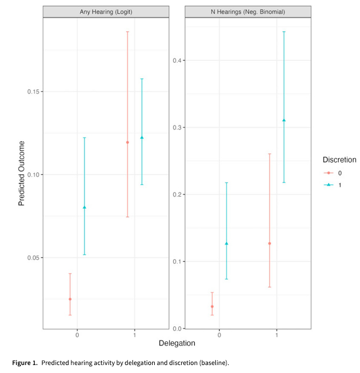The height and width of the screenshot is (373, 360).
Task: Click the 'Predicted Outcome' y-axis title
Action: [x=22, y=173]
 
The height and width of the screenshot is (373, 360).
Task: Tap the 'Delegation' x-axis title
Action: [x=177, y=343]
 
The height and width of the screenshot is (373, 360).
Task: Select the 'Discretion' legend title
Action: [x=339, y=159]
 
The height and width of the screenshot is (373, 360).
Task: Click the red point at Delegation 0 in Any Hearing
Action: [x=70, y=299]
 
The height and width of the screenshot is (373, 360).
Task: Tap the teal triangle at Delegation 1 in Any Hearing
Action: [x=142, y=138]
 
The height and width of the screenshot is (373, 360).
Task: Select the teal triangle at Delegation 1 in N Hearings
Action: [x=284, y=120]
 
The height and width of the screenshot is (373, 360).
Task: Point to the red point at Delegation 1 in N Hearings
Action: [x=270, y=243]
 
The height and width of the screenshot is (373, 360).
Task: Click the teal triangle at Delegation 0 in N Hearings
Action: [x=227, y=243]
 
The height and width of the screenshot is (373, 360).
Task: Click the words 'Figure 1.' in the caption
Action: [x=25, y=363]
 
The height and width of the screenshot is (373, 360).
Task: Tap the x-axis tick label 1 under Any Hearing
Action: [x=135, y=335]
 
